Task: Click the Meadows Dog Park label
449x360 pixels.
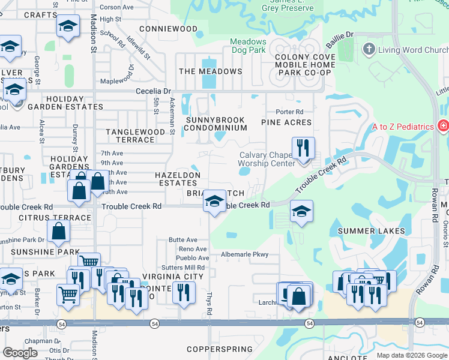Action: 249,46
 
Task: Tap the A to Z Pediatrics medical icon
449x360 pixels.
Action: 443,126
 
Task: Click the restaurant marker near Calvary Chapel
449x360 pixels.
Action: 303,148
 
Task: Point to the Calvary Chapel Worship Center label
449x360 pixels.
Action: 267,159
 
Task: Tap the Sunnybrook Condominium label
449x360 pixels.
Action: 216,124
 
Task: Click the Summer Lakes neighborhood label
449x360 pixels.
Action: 371,231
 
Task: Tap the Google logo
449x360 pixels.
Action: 20,353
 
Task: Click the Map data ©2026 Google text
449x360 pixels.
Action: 411,355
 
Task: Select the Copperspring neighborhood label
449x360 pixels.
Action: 217,349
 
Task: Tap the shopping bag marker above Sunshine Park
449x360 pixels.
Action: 58,231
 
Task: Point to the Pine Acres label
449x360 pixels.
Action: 286,122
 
